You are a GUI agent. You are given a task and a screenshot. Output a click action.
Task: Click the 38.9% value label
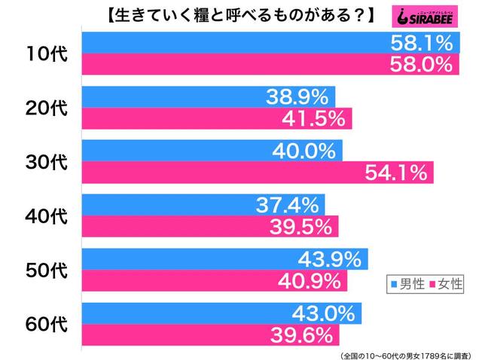tap(297, 96)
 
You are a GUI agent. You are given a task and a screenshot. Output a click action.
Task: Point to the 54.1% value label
tap(396, 172)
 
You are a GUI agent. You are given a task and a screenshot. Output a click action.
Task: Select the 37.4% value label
tap(287, 205)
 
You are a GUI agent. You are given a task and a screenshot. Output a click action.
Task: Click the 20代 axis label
tap(47, 107)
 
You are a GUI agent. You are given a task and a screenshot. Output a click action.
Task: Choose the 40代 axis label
tap(47, 215)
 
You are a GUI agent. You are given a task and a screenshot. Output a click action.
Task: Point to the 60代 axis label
tap(47, 324)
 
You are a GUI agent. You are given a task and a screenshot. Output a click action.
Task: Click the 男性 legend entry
tap(407, 284)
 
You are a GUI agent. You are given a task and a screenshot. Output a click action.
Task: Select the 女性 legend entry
tap(447, 284)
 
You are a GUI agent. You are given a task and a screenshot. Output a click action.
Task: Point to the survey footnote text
tap(407, 352)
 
